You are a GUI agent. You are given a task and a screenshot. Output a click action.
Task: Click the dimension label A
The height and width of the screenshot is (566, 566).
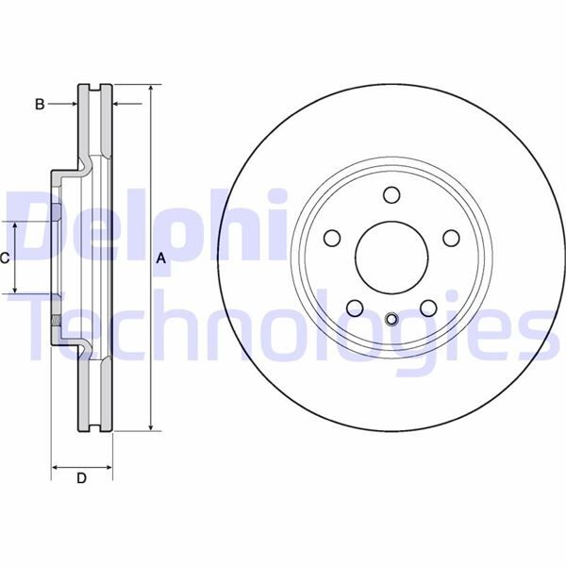[x=160, y=257]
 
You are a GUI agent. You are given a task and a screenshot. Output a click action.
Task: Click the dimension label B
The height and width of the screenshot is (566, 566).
[x=40, y=104]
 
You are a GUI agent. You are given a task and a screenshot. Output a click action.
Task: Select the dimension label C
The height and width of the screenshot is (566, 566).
[x=6, y=257]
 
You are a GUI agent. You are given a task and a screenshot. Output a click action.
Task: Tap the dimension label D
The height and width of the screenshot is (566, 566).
[x=81, y=479]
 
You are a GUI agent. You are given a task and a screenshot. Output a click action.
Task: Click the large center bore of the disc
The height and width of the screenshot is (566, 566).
[x=391, y=257]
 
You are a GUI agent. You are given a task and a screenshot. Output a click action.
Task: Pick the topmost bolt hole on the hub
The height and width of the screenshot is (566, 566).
[x=391, y=195]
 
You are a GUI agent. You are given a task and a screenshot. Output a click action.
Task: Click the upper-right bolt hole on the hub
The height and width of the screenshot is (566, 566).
[x=450, y=238]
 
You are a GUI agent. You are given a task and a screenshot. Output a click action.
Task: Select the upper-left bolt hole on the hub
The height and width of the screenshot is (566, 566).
[x=333, y=238]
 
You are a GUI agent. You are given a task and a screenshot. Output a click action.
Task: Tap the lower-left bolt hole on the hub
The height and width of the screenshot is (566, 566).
[x=355, y=307]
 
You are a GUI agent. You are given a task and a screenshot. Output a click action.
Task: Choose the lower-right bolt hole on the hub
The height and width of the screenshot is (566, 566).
[x=427, y=307]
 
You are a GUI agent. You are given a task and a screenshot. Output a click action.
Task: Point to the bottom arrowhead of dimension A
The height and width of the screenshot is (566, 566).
[x=151, y=426]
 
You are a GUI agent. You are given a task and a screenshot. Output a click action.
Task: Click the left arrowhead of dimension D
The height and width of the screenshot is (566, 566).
[x=55, y=466]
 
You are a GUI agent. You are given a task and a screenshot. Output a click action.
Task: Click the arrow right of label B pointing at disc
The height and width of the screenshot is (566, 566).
[x=72, y=104]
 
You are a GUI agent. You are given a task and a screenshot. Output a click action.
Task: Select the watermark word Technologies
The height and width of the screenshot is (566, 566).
[x=283, y=325]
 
